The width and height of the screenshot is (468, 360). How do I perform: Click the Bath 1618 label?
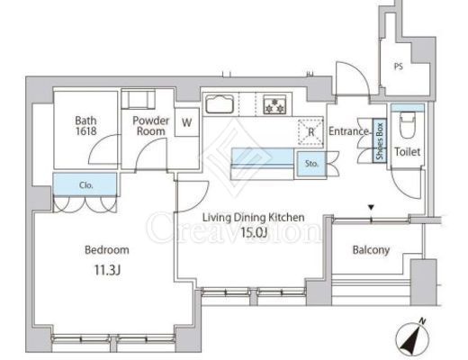click(85, 126)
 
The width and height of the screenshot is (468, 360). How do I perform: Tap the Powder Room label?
click(151, 126)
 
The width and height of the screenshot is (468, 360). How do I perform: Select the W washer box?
click(187, 122)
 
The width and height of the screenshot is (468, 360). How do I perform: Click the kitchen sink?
click(220, 104)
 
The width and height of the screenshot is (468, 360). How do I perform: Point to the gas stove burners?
click(274, 104)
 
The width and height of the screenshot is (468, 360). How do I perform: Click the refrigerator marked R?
click(310, 132)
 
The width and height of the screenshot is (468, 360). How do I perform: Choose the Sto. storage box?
click(311, 164)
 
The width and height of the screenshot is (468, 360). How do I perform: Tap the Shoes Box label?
click(380, 140)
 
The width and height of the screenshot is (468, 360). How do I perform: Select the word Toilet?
click(407, 152)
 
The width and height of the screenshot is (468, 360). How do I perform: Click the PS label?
click(399, 67)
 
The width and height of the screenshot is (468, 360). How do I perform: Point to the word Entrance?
click(348, 131)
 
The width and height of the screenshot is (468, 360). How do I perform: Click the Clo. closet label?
click(86, 185)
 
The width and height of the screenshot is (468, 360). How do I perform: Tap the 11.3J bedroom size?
click(107, 270)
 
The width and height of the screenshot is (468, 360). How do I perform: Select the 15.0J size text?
click(254, 232)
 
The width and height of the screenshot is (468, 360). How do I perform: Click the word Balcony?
click(371, 250)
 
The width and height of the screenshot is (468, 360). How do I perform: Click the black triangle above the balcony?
click(372, 207)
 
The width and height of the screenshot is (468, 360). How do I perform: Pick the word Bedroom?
click(107, 250)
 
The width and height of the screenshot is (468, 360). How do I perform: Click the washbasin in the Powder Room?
click(138, 99)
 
